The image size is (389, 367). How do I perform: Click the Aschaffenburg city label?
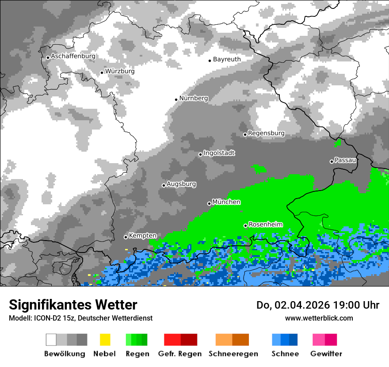[x=73, y=57]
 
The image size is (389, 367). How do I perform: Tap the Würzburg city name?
[x=120, y=71]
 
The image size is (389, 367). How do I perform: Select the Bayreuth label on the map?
[x=227, y=59]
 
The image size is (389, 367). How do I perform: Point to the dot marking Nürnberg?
[x=176, y=99]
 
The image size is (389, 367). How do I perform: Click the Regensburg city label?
[x=266, y=133]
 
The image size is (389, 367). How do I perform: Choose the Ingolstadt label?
[x=219, y=153]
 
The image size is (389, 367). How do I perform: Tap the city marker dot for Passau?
[x=332, y=161]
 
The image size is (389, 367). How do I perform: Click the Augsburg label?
[x=181, y=184]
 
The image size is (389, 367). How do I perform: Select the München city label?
[x=226, y=202]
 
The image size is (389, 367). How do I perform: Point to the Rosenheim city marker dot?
[x=246, y=226]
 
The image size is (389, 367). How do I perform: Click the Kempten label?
[x=143, y=236]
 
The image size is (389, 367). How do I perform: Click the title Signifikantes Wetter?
[x=73, y=305]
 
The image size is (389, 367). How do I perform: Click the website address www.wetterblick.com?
[x=319, y=318]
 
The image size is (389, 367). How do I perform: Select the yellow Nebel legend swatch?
[x=105, y=340]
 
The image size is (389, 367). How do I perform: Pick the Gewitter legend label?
[x=326, y=354]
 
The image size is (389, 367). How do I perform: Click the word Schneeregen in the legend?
[x=233, y=354]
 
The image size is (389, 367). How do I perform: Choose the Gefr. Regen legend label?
[x=180, y=354]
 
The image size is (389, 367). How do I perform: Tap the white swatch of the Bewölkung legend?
[x=51, y=340]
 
